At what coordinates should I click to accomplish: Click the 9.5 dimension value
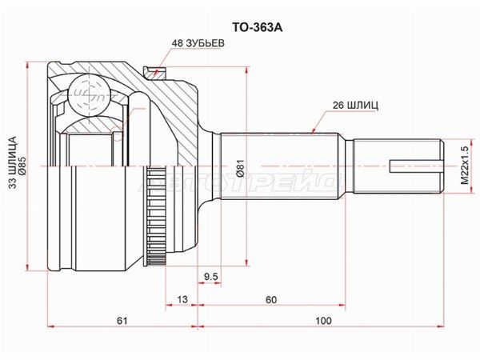(211, 277)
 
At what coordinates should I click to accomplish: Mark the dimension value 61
(122, 321)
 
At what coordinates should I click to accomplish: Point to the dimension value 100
(322, 321)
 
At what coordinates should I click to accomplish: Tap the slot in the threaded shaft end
(414, 167)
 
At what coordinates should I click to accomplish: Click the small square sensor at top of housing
(158, 74)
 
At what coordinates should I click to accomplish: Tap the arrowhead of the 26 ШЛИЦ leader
(312, 131)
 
